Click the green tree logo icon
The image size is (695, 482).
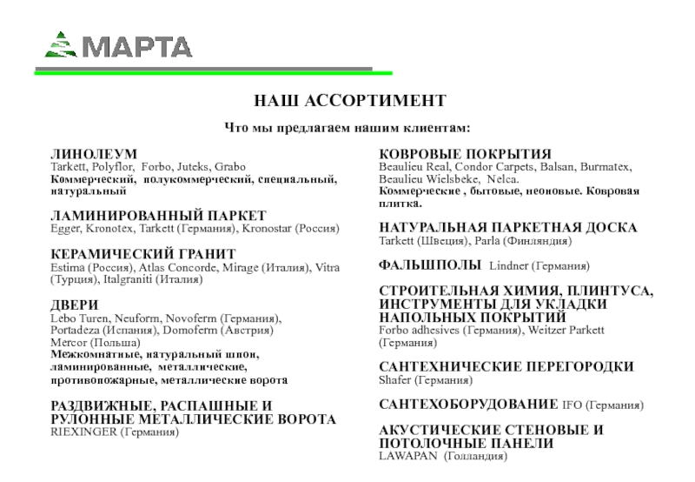click(62, 44)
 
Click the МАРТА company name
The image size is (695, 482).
click(137, 45)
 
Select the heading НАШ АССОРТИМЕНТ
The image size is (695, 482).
click(347, 100)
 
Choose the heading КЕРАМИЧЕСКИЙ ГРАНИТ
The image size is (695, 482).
click(143, 253)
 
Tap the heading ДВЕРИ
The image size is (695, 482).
click(74, 305)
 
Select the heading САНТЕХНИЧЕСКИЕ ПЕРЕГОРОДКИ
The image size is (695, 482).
click(506, 367)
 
